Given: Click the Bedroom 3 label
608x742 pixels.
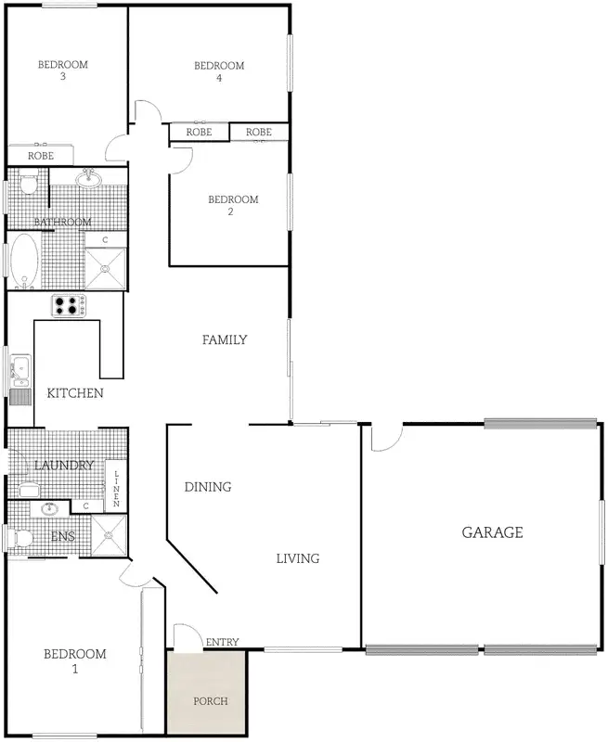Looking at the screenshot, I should (x=62, y=70).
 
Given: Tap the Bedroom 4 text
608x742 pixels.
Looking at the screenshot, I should (x=218, y=71).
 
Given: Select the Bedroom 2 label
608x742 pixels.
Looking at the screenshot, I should (x=232, y=205).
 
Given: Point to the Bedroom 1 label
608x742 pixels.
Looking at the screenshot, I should (x=74, y=660).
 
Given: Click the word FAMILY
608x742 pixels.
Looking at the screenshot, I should (x=225, y=340).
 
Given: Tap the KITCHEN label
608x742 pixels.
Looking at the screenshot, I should (x=74, y=393).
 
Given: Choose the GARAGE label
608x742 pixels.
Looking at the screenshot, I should (x=493, y=532).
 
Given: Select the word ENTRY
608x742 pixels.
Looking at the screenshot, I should (x=222, y=642).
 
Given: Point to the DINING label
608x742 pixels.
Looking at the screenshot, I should (x=207, y=487).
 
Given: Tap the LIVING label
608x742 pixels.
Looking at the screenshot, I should (x=297, y=558).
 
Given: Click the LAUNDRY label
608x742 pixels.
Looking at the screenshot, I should (x=63, y=465).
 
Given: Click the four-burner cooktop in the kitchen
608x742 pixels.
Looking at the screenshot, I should (x=68, y=305).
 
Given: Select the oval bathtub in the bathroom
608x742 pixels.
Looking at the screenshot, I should (x=24, y=260).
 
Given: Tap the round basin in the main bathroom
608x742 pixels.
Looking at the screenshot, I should (x=90, y=179).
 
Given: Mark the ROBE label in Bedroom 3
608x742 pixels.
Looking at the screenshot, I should (x=40, y=156).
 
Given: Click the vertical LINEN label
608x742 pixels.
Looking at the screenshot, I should (x=117, y=488).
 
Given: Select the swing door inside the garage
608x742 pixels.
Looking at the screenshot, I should (x=386, y=438).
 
